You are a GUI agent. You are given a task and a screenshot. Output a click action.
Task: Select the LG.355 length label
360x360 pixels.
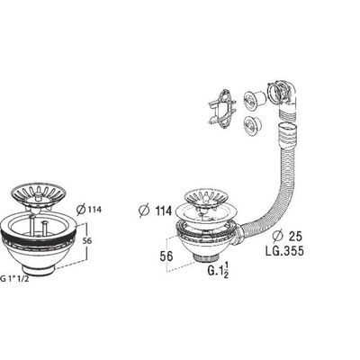pyautogui.click(x=284, y=251)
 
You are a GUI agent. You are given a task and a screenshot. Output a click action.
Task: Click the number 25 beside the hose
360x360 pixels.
pyautogui.click(x=295, y=237)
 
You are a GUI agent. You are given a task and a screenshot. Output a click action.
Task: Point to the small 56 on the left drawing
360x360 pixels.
pyautogui.click(x=87, y=240)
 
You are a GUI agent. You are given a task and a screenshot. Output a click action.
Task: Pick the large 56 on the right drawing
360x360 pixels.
pyautogui.click(x=166, y=256)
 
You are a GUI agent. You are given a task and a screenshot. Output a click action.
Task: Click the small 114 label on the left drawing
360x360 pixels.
pyautogui.click(x=94, y=210)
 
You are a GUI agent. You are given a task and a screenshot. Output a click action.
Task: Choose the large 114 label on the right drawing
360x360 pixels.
pyautogui.click(x=163, y=211)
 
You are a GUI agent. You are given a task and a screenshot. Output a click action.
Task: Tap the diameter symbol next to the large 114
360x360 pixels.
pyautogui.click(x=144, y=210)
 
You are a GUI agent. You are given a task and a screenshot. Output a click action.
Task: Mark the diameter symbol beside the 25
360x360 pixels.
pyautogui.click(x=278, y=237)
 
